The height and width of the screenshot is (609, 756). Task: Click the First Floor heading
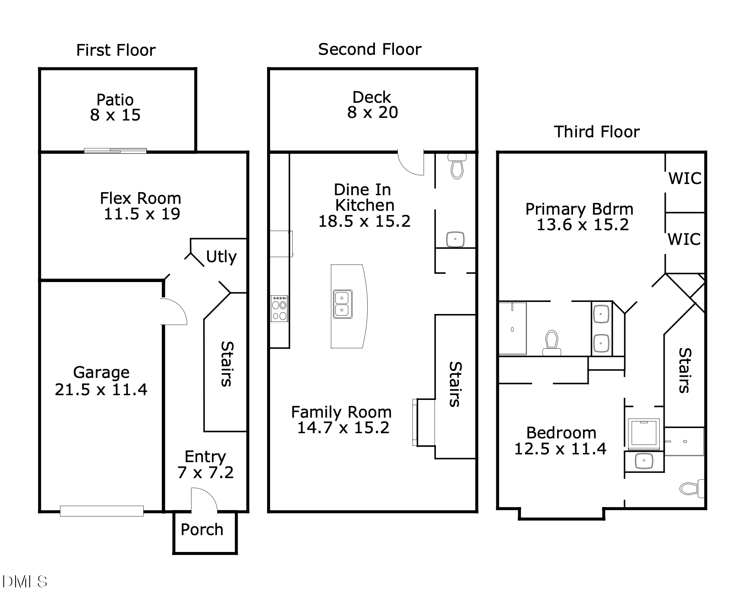pyautogui.click(x=116, y=51)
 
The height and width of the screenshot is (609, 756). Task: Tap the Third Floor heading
pyautogui.click(x=597, y=132)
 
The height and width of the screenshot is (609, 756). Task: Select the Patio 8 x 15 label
pyautogui.click(x=115, y=108)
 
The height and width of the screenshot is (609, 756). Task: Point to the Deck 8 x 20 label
pyautogui.click(x=372, y=105)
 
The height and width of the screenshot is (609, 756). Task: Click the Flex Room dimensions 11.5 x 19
pyautogui.click(x=142, y=214)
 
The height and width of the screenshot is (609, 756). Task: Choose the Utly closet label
pyautogui.click(x=221, y=257)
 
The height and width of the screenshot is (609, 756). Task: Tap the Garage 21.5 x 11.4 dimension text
pyautogui.click(x=101, y=390)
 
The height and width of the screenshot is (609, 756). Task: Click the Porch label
pyautogui.click(x=202, y=530)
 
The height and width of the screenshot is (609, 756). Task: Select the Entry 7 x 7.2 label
pyautogui.click(x=205, y=464)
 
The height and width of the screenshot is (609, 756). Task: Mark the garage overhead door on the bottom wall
pyautogui.click(x=101, y=511)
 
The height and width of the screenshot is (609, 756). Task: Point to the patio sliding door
pyautogui.click(x=115, y=150)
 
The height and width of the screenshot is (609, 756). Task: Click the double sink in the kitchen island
pyautogui.click(x=343, y=304)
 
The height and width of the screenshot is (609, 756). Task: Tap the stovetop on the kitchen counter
pyautogui.click(x=279, y=308)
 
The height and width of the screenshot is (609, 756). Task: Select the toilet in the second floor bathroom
pyautogui.click(x=457, y=166)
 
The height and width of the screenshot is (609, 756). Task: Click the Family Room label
pyautogui.click(x=341, y=412)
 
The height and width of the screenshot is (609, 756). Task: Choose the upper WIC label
pyautogui.click(x=685, y=178)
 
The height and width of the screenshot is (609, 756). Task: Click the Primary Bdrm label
pyautogui.click(x=580, y=209)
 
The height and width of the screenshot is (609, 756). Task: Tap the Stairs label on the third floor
pyautogui.click(x=685, y=371)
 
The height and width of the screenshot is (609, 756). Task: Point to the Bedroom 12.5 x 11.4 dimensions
pyautogui.click(x=561, y=449)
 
